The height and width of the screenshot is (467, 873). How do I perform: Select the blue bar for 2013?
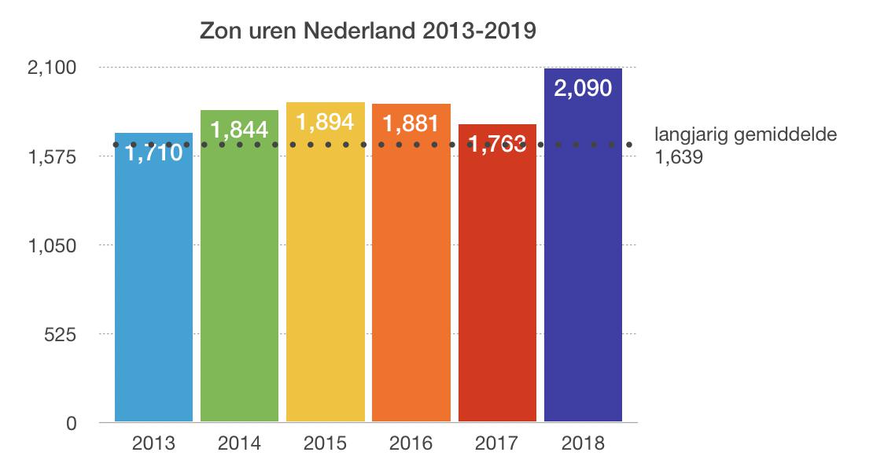tap(153, 291)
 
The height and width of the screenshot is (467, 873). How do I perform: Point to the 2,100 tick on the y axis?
tap(51, 68)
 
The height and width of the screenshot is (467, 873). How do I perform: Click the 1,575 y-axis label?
tap(51, 157)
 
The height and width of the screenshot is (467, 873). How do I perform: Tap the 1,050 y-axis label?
tap(51, 246)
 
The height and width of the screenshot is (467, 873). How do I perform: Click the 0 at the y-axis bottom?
tap(71, 424)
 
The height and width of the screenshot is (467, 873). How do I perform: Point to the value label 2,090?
tap(583, 88)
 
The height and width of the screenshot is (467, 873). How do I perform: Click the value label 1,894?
tap(325, 122)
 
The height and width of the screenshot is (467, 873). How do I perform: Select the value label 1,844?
tap(239, 130)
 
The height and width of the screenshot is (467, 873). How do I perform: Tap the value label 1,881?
tap(411, 123)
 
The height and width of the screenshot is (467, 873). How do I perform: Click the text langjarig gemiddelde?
tap(746, 134)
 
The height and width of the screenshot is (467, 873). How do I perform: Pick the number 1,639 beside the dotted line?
tap(678, 156)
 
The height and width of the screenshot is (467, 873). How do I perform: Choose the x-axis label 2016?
tap(411, 443)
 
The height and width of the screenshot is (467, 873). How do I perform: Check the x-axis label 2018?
tap(583, 443)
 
